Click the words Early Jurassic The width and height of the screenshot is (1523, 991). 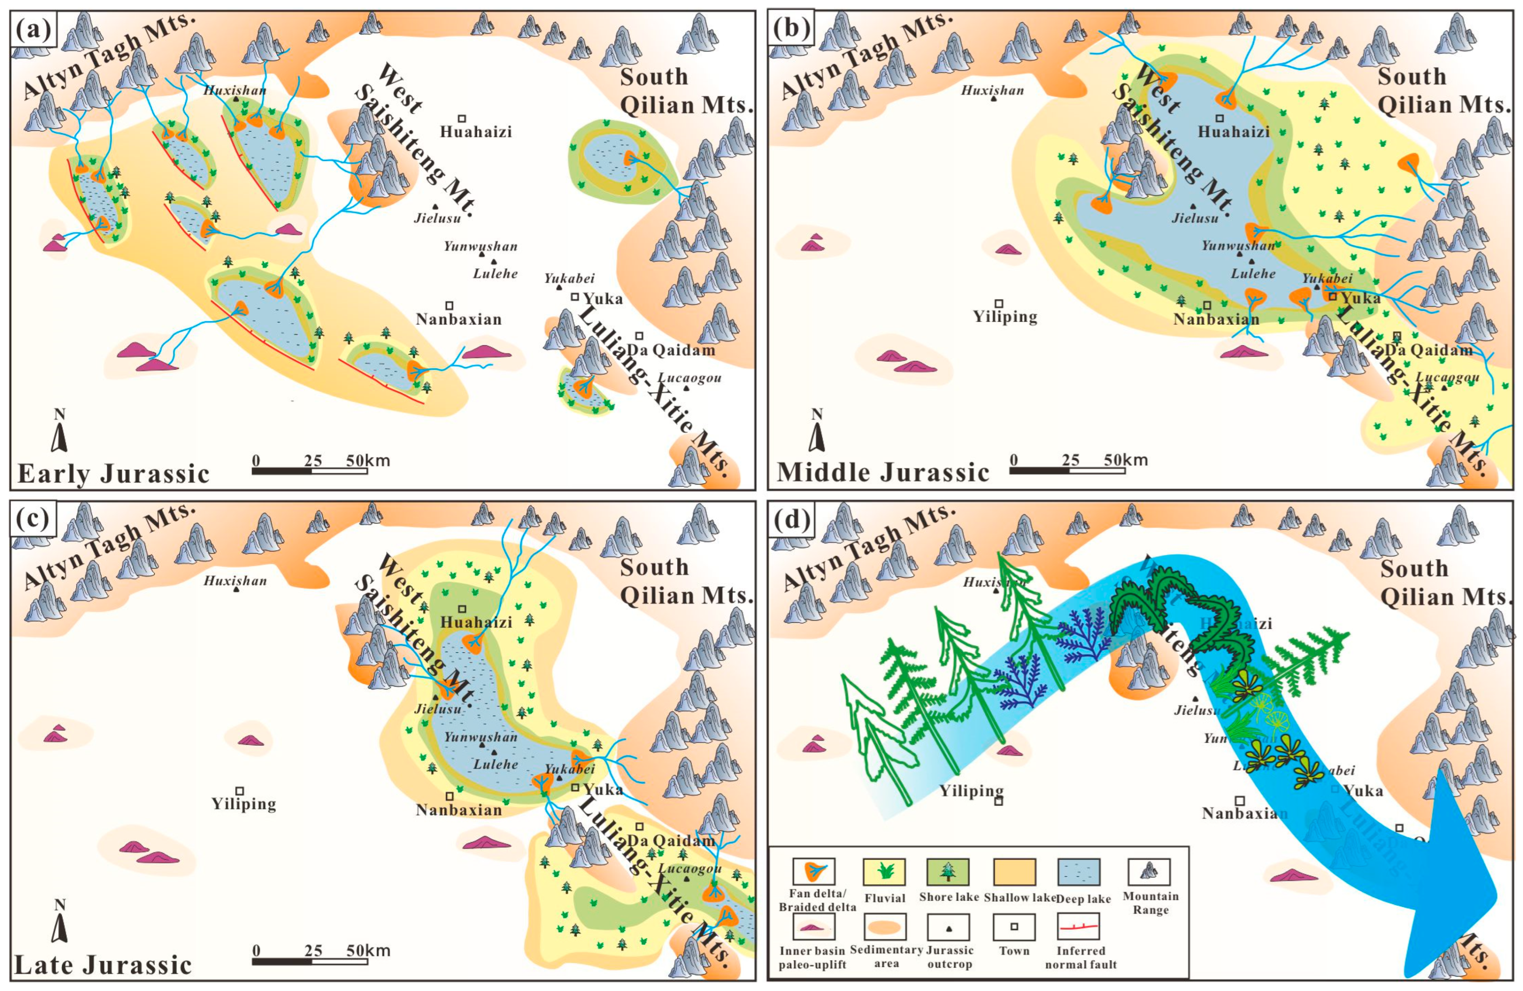click(113, 474)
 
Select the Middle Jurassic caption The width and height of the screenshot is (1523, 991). click(883, 472)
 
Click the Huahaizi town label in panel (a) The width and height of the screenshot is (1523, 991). click(476, 132)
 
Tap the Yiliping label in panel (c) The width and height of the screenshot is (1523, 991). click(244, 803)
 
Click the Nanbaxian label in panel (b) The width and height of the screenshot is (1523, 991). click(1216, 319)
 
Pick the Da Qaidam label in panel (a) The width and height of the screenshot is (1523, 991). click(671, 350)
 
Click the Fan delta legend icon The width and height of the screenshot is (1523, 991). click(813, 872)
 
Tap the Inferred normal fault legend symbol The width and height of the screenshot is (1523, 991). click(1080, 926)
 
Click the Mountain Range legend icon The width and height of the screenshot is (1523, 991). click(1149, 872)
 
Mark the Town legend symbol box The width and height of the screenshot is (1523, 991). click(1013, 926)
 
